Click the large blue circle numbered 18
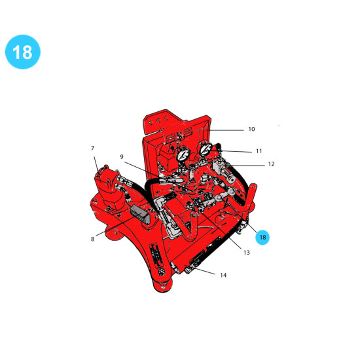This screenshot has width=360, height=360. point(23,52)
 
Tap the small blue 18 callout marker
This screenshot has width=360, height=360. point(262,237)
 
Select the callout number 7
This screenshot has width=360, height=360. point(92,149)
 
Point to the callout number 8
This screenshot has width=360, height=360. point(92,239)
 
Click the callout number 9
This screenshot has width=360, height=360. point(122,156)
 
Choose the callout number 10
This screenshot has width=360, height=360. point(251,129)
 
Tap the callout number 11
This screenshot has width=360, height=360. point(259,151)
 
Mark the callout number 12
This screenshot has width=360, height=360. point(271,164)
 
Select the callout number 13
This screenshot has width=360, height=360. point(246,253)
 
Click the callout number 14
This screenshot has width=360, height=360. point(223,275)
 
